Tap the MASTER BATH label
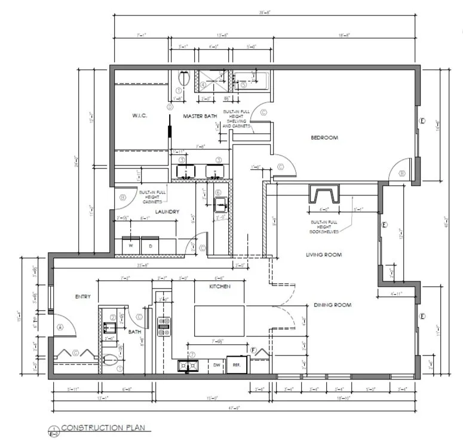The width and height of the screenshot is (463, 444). [200, 116]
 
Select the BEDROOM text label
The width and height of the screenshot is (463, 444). [324, 137]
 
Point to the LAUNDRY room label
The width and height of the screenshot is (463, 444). [167, 212]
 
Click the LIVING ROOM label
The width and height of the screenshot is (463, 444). [324, 255]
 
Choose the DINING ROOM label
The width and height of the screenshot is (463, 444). [332, 305]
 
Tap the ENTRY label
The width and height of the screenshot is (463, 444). [82, 296]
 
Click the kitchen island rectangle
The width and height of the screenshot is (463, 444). [219, 321]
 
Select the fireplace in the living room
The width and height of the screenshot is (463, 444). [323, 195]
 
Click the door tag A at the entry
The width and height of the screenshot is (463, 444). [60, 327]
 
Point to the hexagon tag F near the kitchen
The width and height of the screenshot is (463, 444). [253, 349]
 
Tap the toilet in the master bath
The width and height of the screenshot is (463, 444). [185, 78]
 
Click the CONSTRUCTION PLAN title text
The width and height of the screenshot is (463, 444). [103, 428]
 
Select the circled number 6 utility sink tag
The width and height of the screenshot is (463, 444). [218, 192]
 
